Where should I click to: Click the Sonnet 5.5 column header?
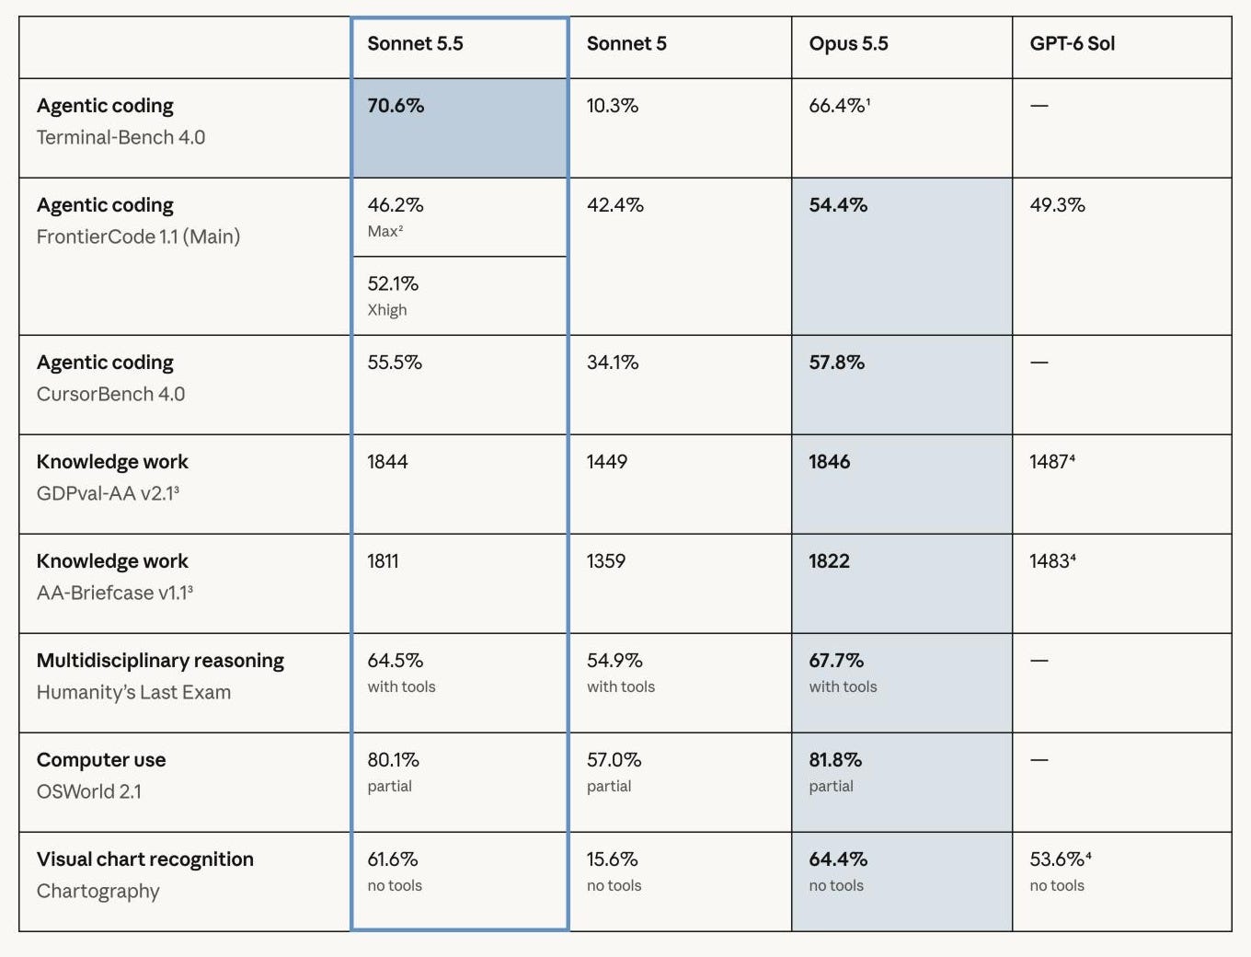[x=415, y=44]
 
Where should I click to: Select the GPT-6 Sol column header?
[x=1072, y=44]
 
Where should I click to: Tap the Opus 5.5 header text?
[x=848, y=44]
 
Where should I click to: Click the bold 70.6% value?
[x=396, y=106]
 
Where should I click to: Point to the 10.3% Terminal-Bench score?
[x=613, y=106]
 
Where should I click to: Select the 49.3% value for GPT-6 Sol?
[x=1057, y=204]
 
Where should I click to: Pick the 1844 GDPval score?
[x=387, y=461]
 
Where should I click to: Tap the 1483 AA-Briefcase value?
[x=1052, y=561]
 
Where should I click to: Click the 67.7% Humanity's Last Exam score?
[x=836, y=660]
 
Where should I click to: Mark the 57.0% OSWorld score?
[x=614, y=760]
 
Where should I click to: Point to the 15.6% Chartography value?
[x=612, y=859]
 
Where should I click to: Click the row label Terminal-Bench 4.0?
[x=121, y=137]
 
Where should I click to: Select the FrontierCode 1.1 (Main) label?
[x=139, y=236]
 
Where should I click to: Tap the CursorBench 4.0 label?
[x=111, y=394]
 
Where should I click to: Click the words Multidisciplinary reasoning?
[x=160, y=661]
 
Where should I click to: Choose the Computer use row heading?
[x=101, y=760]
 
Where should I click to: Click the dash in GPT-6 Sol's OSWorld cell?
[x=1039, y=760]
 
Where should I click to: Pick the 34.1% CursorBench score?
[x=613, y=362]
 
